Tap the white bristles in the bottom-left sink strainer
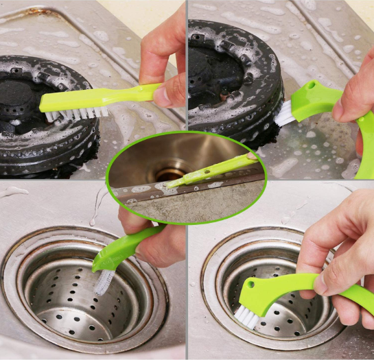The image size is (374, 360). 105,281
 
